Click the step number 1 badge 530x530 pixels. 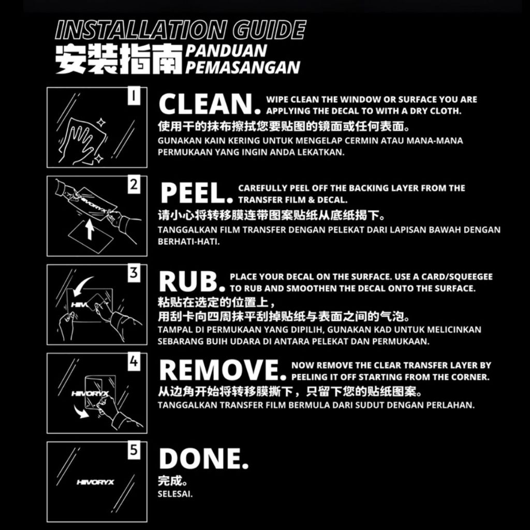coord(134,95)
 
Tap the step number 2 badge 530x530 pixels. coord(134,185)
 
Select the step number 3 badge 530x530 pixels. coord(134,273)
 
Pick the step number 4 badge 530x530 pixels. coord(134,362)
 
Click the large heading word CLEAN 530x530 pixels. coord(210,104)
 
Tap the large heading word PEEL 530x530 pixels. coord(197,193)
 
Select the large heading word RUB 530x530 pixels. coord(192,281)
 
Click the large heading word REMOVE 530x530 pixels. coord(223,370)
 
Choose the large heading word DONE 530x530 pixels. coord(203,459)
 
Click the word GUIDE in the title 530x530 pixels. coord(269,30)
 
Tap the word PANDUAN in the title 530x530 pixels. coord(226,51)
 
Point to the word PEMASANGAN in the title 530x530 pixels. coord(242,67)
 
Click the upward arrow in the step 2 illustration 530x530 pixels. coord(90,229)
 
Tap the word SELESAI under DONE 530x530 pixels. coord(175,494)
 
